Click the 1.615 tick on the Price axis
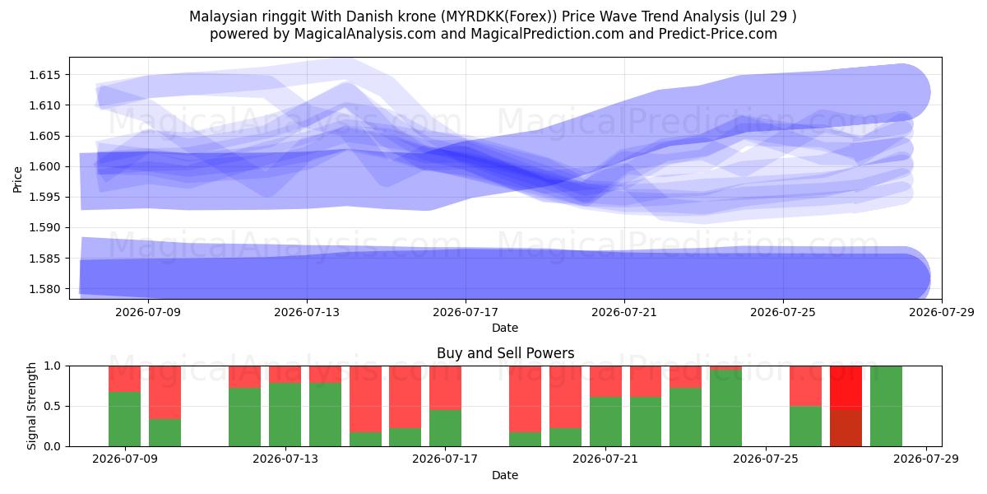coord(44,75)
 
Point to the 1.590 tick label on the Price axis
coord(44,228)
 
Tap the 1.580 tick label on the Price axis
coord(44,289)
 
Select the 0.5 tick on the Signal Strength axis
coord(52,406)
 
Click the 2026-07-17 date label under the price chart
coord(466,312)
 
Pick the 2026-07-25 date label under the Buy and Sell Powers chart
coord(766,459)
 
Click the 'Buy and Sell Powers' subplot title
coord(505,353)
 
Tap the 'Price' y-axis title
coord(17,180)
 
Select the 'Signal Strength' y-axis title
coord(31,406)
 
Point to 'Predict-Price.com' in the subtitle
coord(718,34)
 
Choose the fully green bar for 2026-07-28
coord(886,406)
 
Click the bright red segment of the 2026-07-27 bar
coord(846,388)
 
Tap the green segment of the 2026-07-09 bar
coord(125,419)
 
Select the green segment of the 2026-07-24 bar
coord(725,408)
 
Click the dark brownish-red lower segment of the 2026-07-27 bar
coord(846,428)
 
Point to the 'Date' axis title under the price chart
coord(505,328)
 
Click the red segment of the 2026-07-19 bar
coord(526,399)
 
